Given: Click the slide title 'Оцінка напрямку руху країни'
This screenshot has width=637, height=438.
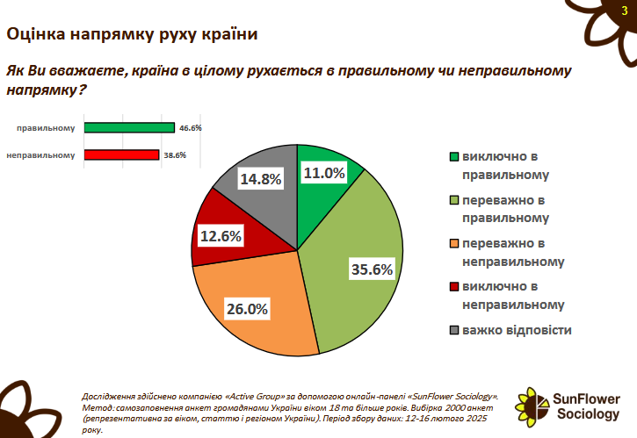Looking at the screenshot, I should click(x=132, y=35).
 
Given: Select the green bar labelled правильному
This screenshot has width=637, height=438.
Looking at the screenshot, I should click(x=130, y=127).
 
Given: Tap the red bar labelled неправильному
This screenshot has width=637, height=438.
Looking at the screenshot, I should click(x=122, y=154).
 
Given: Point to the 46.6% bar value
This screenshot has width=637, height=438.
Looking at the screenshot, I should click(x=191, y=127).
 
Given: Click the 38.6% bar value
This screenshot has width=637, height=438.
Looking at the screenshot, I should click(x=176, y=154).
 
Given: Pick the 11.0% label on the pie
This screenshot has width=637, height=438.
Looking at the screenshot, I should click(x=323, y=173).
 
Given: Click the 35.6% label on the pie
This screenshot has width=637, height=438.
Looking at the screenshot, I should click(x=370, y=269).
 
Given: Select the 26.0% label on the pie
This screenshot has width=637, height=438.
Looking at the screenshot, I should click(x=248, y=308).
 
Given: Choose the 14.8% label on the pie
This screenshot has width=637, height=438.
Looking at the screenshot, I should click(x=260, y=179).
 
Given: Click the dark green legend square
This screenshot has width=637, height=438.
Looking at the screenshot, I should click(x=453, y=158).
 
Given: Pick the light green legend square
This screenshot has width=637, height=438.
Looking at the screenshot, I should click(x=453, y=201).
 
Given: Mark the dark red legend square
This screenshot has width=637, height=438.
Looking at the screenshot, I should click(x=453, y=287).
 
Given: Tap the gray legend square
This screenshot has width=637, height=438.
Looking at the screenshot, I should click(x=453, y=331).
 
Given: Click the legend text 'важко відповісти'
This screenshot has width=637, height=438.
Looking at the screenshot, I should click(x=517, y=330).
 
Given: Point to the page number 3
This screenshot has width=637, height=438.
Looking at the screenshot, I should click(x=624, y=11).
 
